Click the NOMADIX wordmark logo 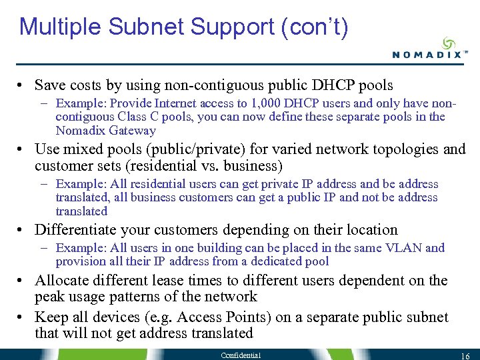click(426, 55)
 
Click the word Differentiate click(73, 230)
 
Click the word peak click(50, 297)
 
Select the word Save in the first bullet click(50, 85)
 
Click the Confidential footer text click(241, 355)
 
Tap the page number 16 click(466, 356)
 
